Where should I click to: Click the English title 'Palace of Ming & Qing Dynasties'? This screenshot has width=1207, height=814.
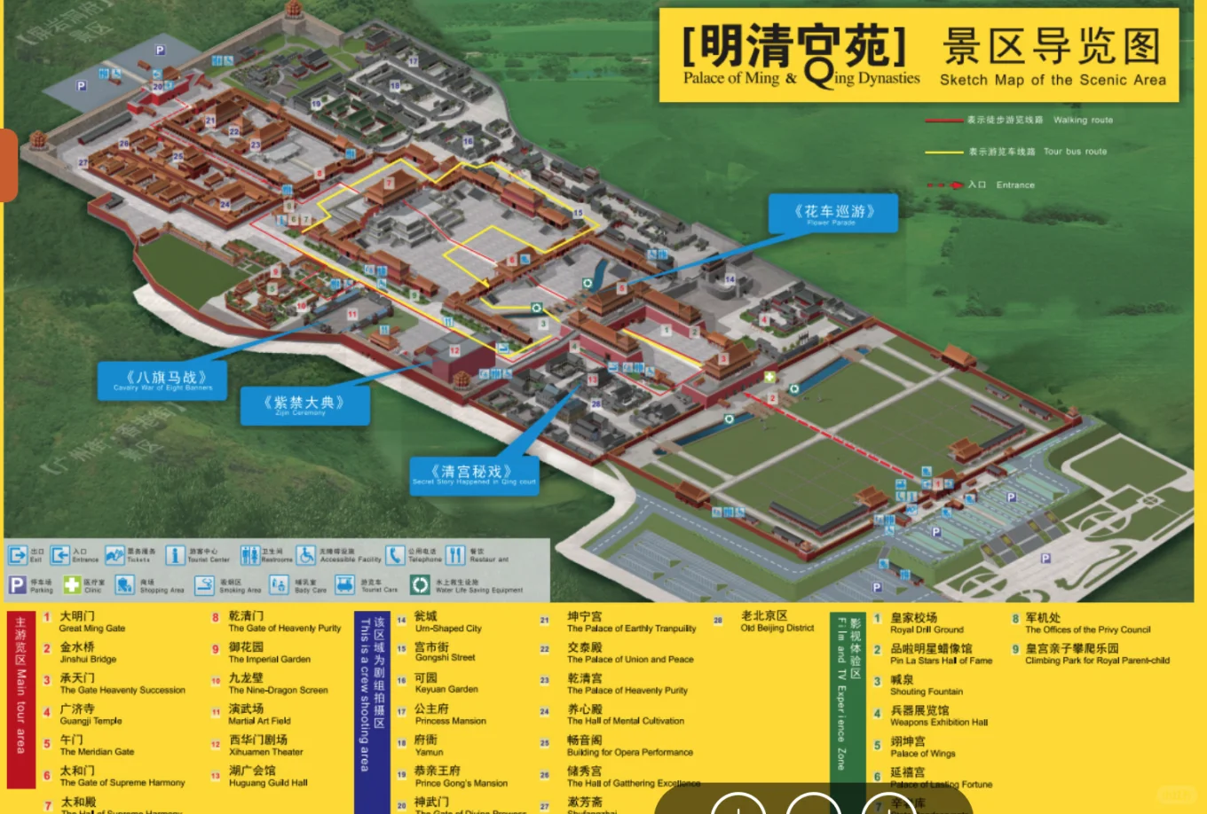(x=801, y=78)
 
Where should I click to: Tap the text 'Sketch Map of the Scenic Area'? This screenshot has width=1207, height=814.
(x=1053, y=80)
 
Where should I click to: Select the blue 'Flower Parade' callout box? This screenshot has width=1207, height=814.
(x=833, y=214)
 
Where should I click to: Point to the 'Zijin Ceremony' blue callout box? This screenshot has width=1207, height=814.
(x=304, y=406)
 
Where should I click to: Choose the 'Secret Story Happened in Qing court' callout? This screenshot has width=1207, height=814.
(x=473, y=475)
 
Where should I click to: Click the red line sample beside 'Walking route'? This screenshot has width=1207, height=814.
(x=943, y=120)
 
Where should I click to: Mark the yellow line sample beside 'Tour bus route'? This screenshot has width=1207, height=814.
(x=943, y=152)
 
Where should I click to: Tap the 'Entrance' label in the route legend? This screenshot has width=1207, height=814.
(x=1014, y=184)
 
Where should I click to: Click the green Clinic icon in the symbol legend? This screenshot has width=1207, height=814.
(x=72, y=584)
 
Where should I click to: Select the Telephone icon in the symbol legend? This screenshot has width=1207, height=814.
(x=395, y=555)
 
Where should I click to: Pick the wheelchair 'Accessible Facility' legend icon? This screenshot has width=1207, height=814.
(x=305, y=555)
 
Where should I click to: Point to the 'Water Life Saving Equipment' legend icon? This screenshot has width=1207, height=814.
(x=419, y=584)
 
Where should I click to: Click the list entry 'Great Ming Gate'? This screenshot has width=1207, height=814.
(x=92, y=622)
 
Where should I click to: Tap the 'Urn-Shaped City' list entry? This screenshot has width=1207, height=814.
(x=447, y=622)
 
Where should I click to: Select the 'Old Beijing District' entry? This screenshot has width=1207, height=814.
(x=777, y=622)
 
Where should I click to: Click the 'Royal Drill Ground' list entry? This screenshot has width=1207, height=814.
(x=927, y=623)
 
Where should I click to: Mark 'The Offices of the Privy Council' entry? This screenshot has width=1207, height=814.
(x=1087, y=623)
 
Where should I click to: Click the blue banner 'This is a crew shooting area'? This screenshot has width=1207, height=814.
(x=363, y=701)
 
